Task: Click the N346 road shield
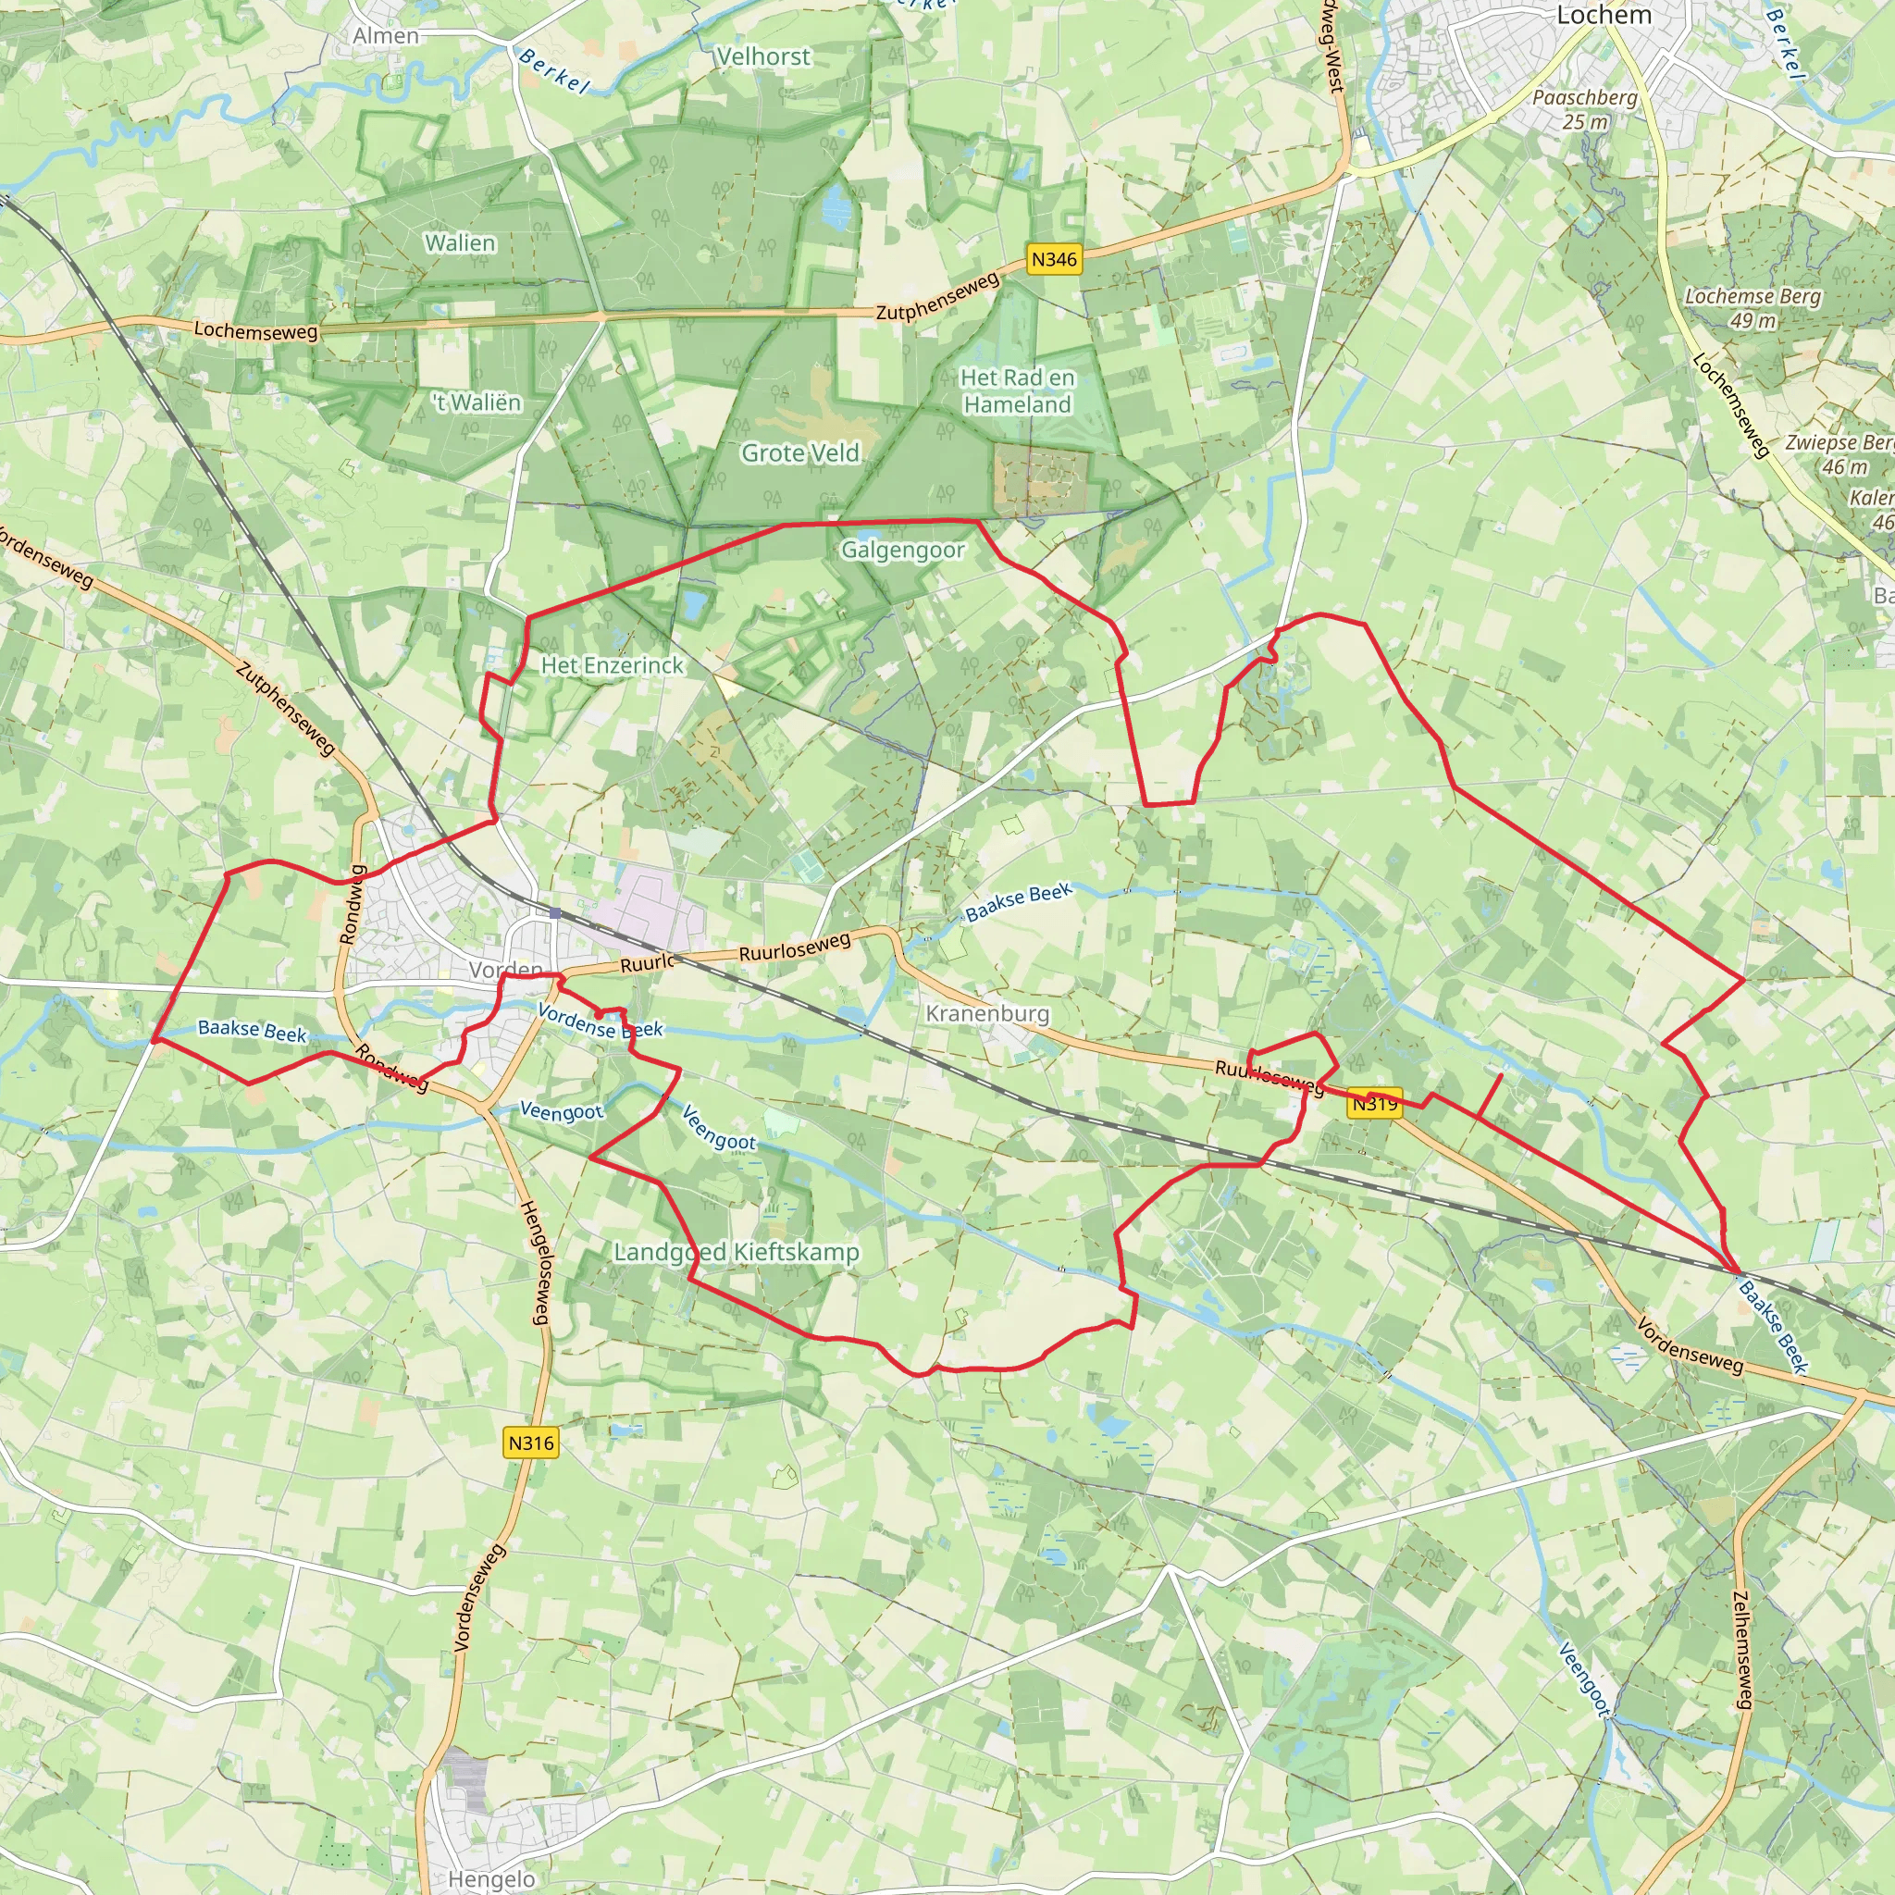pyautogui.click(x=1055, y=260)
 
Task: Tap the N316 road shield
pyautogui.click(x=530, y=1443)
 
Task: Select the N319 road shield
pyautogui.click(x=1374, y=1104)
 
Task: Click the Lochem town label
pyautogui.click(x=1604, y=16)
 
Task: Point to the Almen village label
pyautogui.click(x=386, y=36)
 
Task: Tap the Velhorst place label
pyautogui.click(x=763, y=56)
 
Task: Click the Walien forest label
pyautogui.click(x=460, y=242)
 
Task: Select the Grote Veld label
pyautogui.click(x=800, y=453)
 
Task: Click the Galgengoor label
pyautogui.click(x=902, y=551)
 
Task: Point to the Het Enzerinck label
pyautogui.click(x=612, y=665)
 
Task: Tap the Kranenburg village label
pyautogui.click(x=986, y=1013)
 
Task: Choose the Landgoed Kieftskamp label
pyautogui.click(x=737, y=1253)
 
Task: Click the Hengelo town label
pyautogui.click(x=491, y=1878)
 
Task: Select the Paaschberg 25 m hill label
pyautogui.click(x=1585, y=110)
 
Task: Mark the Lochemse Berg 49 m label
pyautogui.click(x=1752, y=308)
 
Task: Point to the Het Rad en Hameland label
pyautogui.click(x=1017, y=390)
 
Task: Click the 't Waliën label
pyautogui.click(x=477, y=403)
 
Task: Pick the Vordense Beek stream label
pyautogui.click(x=601, y=1022)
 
